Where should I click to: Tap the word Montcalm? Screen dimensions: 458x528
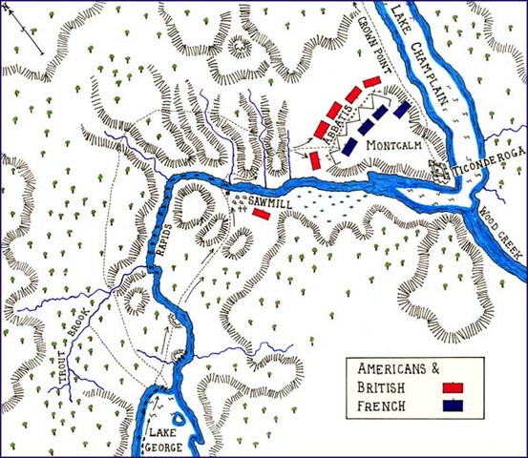point(392,149)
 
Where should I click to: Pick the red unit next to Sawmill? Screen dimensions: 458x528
point(263,217)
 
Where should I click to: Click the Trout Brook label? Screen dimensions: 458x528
point(74,344)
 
